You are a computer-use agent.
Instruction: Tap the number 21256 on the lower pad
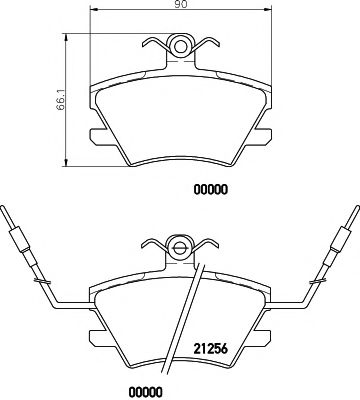click(x=210, y=349)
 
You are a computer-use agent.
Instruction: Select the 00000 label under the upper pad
click(x=210, y=190)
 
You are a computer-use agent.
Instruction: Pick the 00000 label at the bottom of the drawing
click(x=145, y=391)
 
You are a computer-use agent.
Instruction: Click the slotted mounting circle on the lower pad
click(x=180, y=248)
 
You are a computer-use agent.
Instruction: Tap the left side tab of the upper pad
click(x=99, y=137)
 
